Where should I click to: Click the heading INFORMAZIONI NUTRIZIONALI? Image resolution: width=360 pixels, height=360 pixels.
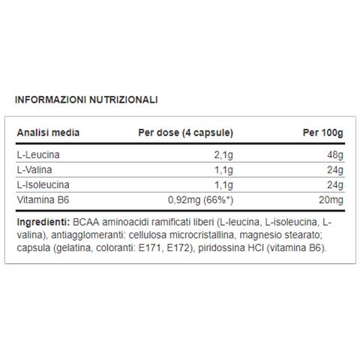(87, 99)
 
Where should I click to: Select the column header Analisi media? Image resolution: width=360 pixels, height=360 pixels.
(48, 133)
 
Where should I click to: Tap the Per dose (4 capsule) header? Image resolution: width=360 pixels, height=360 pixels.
(185, 133)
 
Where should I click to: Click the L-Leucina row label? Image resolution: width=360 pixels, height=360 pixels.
(38, 155)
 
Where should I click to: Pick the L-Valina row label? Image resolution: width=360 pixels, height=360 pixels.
(34, 170)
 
